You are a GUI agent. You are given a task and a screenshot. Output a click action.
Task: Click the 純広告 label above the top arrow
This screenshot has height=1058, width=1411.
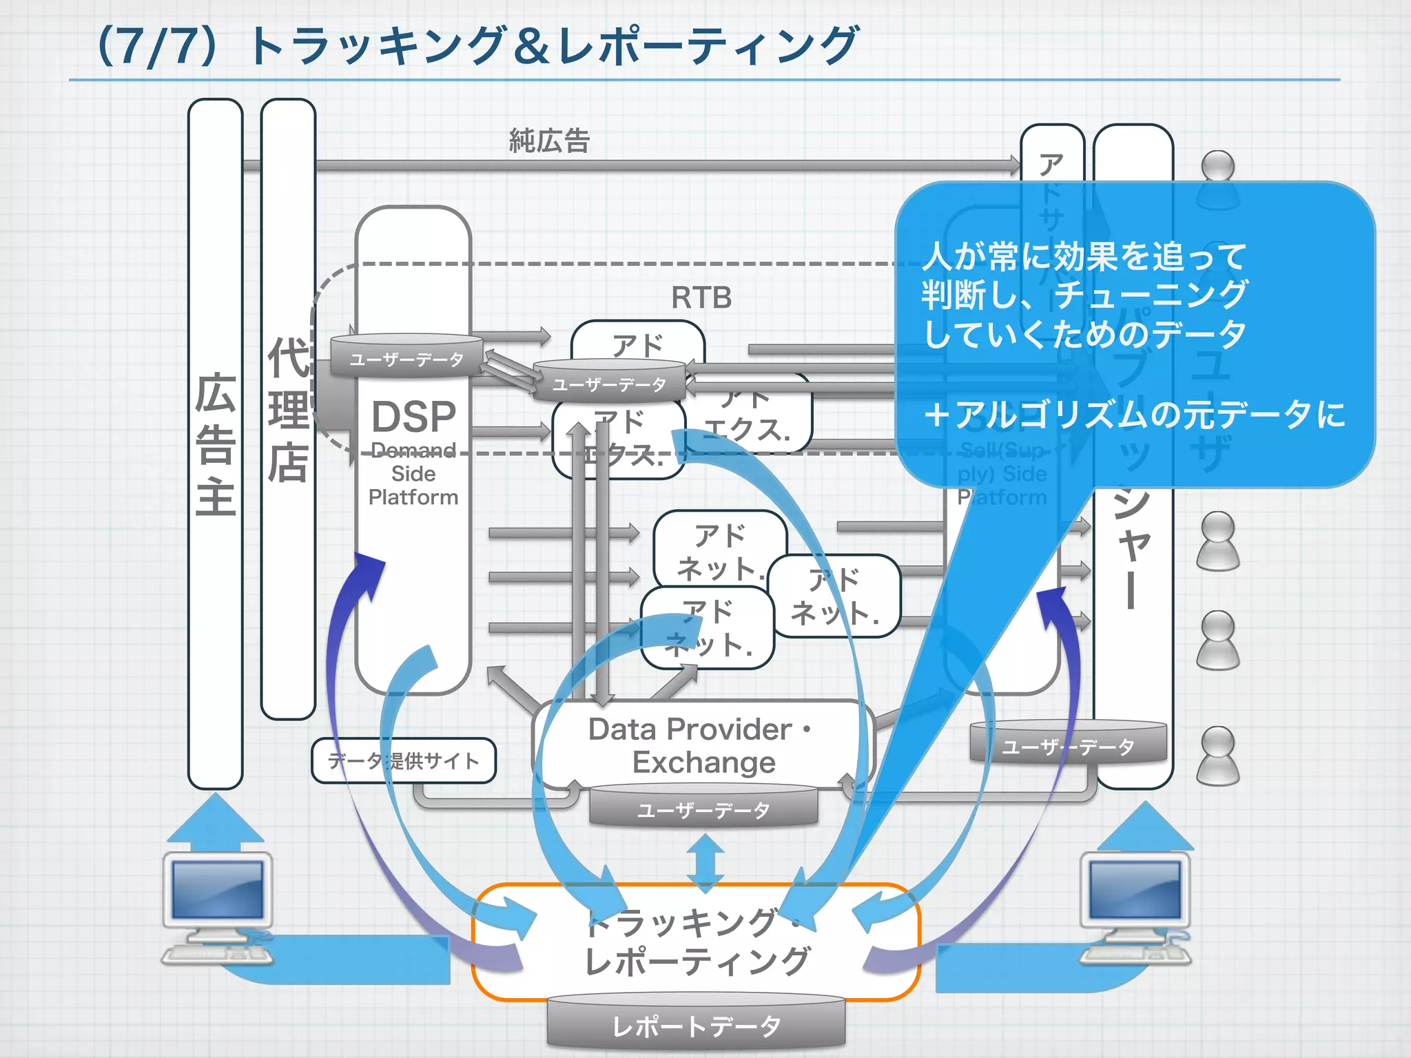point(549,141)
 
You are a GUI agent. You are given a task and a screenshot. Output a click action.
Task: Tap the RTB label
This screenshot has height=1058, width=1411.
point(701,298)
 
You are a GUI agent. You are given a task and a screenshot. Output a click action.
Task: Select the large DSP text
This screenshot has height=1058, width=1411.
point(413,417)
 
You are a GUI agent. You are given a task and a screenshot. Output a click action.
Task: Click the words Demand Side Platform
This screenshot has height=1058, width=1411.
point(413,474)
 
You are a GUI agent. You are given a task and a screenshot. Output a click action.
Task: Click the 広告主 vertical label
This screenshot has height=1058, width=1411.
point(216,444)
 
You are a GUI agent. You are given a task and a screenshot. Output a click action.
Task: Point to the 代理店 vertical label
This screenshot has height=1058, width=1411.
point(288,410)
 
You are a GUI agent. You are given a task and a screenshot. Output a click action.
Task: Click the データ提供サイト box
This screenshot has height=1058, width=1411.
point(404,760)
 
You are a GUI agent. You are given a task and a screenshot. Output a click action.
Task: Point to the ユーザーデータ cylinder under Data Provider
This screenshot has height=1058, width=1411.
point(703,809)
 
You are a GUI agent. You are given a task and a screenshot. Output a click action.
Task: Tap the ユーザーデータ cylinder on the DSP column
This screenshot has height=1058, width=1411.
point(406,359)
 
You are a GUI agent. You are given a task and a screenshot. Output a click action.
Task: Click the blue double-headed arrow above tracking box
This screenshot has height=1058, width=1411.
point(705,864)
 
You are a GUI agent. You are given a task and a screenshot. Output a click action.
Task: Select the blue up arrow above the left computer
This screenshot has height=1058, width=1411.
point(216,820)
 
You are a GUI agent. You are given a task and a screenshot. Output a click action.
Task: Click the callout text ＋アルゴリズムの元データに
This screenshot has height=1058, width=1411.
point(1133,415)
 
